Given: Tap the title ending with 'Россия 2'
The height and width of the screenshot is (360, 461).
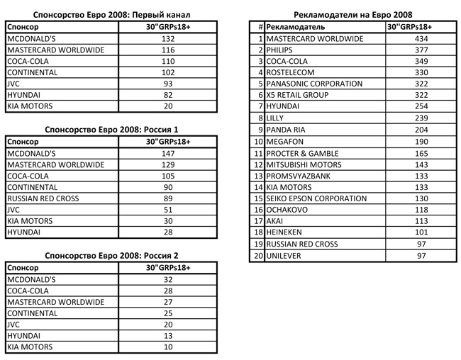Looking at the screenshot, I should click(x=111, y=255).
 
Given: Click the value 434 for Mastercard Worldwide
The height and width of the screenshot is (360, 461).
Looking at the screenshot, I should click(x=421, y=38).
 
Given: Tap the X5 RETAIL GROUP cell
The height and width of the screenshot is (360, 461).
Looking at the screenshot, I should click(x=297, y=95).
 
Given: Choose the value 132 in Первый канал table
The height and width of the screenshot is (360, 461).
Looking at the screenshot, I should click(x=168, y=38).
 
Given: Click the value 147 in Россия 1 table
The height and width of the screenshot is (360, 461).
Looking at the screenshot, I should click(x=168, y=152).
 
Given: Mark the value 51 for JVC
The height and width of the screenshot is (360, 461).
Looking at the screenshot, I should click(x=168, y=209).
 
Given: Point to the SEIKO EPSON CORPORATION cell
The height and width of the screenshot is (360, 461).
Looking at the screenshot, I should click(x=316, y=198).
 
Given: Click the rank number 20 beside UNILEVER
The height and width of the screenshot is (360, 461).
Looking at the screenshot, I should click(x=259, y=255).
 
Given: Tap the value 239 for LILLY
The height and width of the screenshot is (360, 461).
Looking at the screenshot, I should click(x=421, y=118).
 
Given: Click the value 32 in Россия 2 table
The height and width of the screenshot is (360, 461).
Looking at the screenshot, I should click(x=168, y=279).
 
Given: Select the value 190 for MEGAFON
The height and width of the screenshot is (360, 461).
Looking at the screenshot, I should click(x=421, y=141).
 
